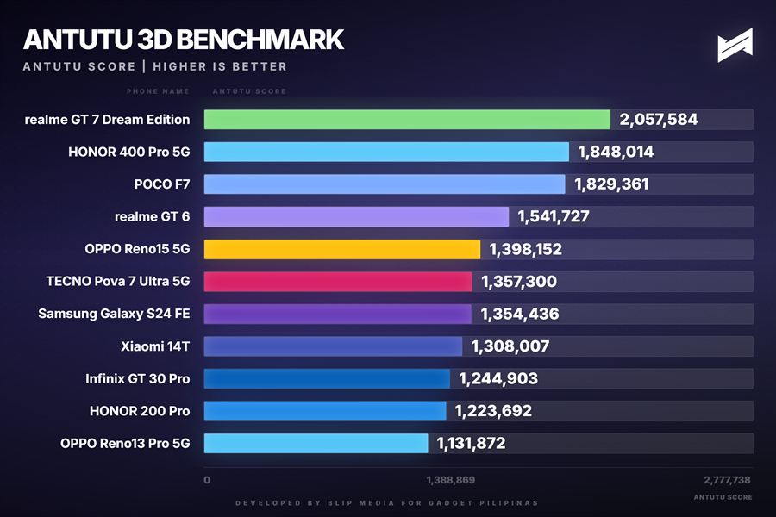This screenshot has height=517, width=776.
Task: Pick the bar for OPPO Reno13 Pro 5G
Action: [x=316, y=443]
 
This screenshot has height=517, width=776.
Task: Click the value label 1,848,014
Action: [x=616, y=153]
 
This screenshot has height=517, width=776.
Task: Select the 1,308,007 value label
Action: [x=510, y=346]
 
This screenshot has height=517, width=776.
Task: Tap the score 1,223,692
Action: [x=494, y=411]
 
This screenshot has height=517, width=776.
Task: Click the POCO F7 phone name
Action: [x=161, y=184]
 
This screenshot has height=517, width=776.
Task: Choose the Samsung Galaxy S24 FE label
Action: [x=114, y=314]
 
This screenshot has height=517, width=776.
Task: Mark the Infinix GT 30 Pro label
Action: [x=138, y=378]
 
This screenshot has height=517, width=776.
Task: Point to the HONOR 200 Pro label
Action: [x=140, y=411]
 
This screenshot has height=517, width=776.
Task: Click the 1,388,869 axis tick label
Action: [x=450, y=479]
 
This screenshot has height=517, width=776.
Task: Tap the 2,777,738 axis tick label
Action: [x=726, y=479]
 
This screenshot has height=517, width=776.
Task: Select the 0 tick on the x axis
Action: [x=207, y=479]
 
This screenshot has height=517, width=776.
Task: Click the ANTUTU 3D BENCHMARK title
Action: [x=183, y=40]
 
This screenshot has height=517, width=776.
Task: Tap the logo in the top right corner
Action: [x=735, y=46]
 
